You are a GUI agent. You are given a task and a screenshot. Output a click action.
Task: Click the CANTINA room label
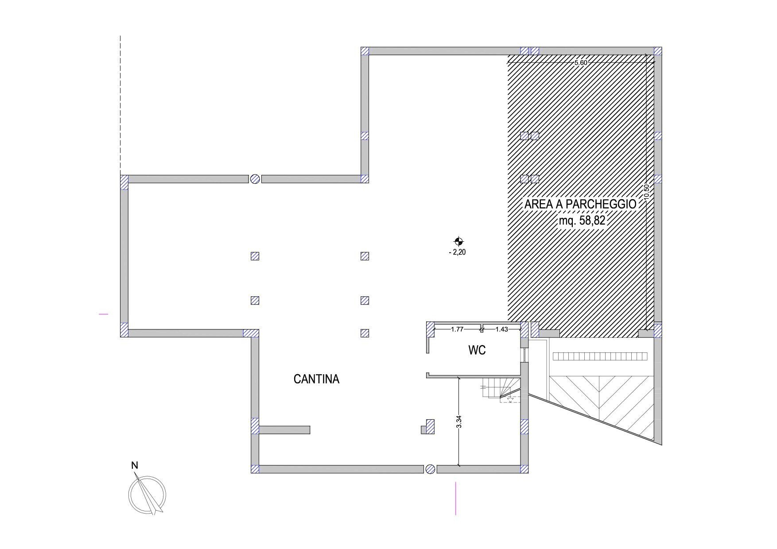click(x=316, y=379)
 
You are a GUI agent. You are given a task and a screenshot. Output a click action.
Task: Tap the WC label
click(x=477, y=350)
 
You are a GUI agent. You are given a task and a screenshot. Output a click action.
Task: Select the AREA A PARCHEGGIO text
click(x=580, y=205)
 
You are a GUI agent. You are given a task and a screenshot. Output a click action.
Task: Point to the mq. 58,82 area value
click(x=582, y=220)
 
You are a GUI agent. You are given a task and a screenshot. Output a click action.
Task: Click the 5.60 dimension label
click(x=580, y=62)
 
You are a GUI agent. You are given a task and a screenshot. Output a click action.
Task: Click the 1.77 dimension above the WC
click(x=457, y=329)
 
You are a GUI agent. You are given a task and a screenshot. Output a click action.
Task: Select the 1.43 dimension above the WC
click(x=501, y=329)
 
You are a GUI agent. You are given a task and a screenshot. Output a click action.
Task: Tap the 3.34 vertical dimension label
click(x=459, y=421)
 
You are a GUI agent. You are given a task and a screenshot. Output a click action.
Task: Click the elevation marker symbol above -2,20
click(x=458, y=241)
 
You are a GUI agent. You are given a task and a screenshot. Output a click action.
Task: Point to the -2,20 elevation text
click(x=458, y=253)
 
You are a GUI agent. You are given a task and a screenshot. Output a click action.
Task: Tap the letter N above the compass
click(x=135, y=465)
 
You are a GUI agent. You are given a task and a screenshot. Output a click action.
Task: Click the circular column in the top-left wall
click(x=255, y=179)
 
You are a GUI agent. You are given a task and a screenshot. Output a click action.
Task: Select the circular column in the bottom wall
click(x=430, y=469)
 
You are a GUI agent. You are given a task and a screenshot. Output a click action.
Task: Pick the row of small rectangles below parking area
click(x=600, y=356)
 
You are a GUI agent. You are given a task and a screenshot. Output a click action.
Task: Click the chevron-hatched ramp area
click(x=601, y=403)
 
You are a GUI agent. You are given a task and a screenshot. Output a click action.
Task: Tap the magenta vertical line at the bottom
click(x=456, y=499)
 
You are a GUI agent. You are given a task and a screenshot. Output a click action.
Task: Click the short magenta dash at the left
click(x=104, y=314)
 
